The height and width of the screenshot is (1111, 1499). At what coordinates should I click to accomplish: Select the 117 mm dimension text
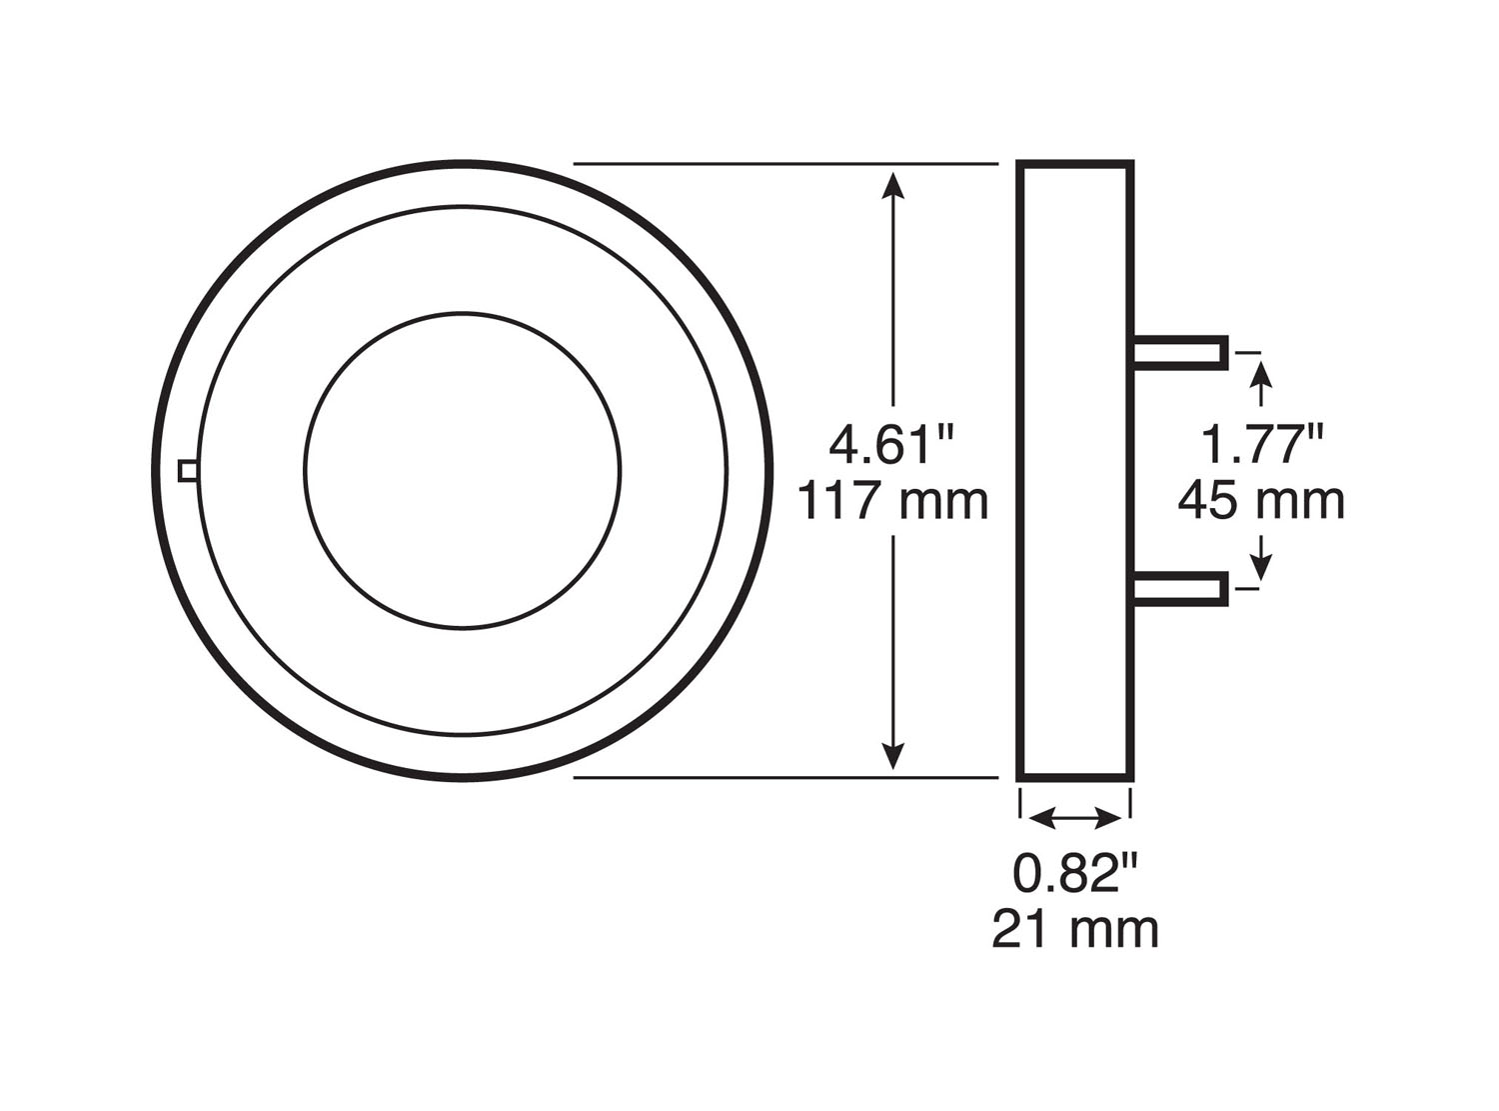pyautogui.click(x=892, y=501)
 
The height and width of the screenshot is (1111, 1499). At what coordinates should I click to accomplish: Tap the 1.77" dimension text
pyautogui.click(x=1261, y=444)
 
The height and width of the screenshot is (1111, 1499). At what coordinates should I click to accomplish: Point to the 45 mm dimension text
pyautogui.click(x=1261, y=501)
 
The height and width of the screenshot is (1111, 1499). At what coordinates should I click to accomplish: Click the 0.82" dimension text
pyautogui.click(x=1075, y=875)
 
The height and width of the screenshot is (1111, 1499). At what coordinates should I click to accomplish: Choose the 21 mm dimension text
pyautogui.click(x=1075, y=930)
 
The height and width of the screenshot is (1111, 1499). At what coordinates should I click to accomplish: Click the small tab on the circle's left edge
pyautogui.click(x=187, y=470)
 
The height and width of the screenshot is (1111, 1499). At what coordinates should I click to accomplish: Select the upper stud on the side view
pyautogui.click(x=1180, y=352)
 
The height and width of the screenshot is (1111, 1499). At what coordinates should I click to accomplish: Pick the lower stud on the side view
pyautogui.click(x=1180, y=589)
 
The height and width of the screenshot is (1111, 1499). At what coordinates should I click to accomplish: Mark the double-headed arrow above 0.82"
pyautogui.click(x=1075, y=819)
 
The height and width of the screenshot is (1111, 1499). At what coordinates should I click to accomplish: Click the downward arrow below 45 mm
pyautogui.click(x=1262, y=558)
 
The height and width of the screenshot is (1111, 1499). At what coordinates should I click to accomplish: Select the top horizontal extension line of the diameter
pyautogui.click(x=785, y=163)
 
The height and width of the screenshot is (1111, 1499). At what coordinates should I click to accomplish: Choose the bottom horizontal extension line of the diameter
pyautogui.click(x=785, y=777)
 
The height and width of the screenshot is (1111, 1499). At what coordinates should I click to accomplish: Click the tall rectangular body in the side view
pyautogui.click(x=1075, y=470)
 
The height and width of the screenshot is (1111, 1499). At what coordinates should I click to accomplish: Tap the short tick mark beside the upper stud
pyautogui.click(x=1248, y=352)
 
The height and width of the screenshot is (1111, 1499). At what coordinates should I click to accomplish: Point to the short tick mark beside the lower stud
pyautogui.click(x=1248, y=589)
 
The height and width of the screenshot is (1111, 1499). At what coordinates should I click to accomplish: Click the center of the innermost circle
pyautogui.click(x=463, y=471)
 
